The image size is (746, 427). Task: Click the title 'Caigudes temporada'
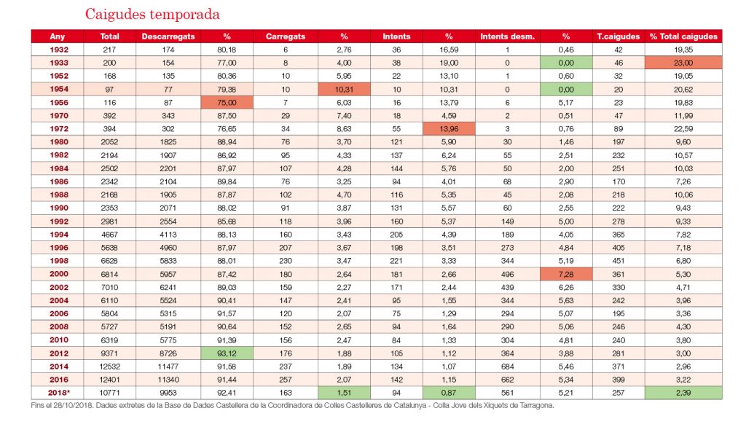[x=152, y=15]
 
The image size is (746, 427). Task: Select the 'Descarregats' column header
[x=168, y=36]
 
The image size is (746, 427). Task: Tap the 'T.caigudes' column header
[x=619, y=36]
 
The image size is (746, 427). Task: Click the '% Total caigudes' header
[x=683, y=36]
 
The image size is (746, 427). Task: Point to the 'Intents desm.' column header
[x=507, y=36]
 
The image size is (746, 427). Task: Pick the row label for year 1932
[x=59, y=50]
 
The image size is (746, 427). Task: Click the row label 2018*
[x=59, y=393]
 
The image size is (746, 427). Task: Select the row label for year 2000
[x=59, y=274]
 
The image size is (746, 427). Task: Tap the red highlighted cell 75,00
[x=227, y=102]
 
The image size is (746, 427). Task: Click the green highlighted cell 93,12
[x=227, y=353]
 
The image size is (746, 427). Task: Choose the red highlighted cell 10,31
[x=344, y=89]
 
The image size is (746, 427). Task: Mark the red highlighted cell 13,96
[x=449, y=128]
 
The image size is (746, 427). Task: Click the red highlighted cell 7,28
[x=566, y=274]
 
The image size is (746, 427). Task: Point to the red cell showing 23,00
[x=683, y=63]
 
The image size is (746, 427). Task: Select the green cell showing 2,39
[x=683, y=393]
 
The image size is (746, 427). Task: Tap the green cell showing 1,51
[x=344, y=393]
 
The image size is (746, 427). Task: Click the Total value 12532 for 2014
[x=109, y=367]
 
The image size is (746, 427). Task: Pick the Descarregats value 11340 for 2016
[x=168, y=380]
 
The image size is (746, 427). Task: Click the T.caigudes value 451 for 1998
[x=619, y=261]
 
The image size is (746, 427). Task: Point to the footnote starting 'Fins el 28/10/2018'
[x=293, y=406]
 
